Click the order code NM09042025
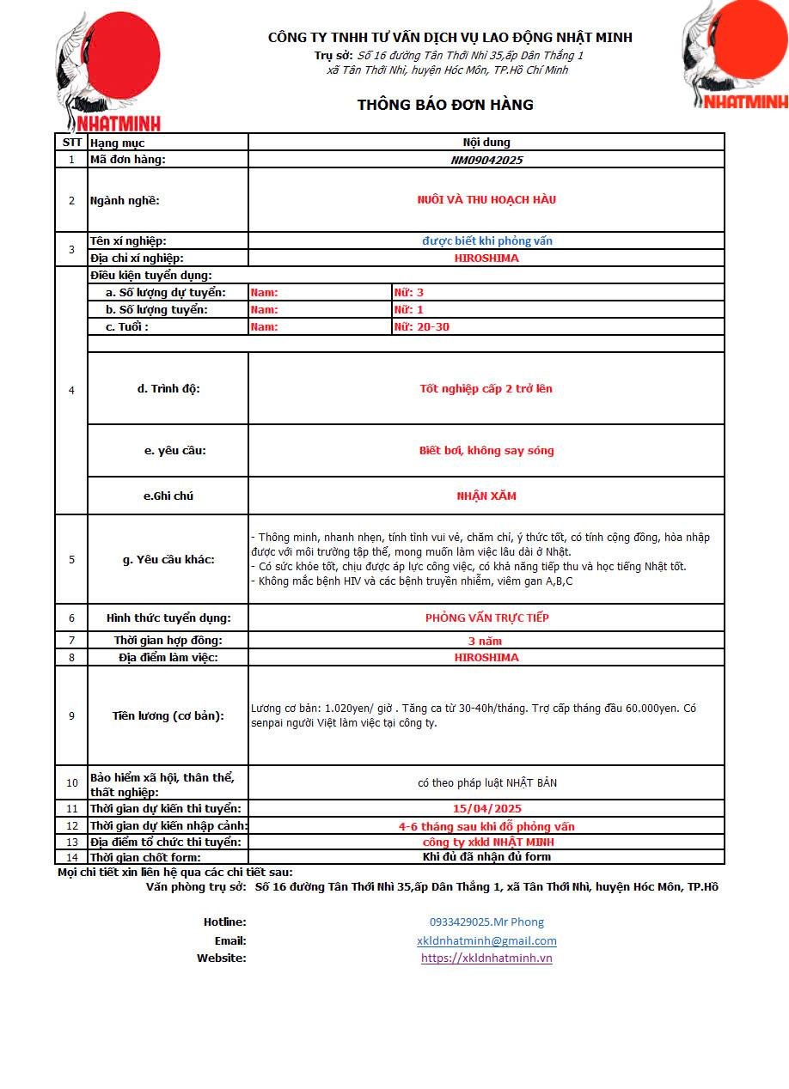point(486,160)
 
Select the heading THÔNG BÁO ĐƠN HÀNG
point(445,105)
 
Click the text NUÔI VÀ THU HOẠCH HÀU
point(486,200)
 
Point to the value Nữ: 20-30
point(421,327)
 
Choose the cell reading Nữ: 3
point(408,293)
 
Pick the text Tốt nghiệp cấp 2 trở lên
point(486,389)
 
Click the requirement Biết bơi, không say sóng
point(486,451)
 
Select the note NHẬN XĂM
point(486,496)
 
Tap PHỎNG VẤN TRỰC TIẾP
point(486,618)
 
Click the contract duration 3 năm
point(485,641)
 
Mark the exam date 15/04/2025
point(486,809)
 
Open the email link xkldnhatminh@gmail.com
point(486,941)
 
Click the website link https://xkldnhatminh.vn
point(486,958)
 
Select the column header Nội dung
point(486,143)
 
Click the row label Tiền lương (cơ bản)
point(168,716)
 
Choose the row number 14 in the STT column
point(71,857)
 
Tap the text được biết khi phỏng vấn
point(486,241)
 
